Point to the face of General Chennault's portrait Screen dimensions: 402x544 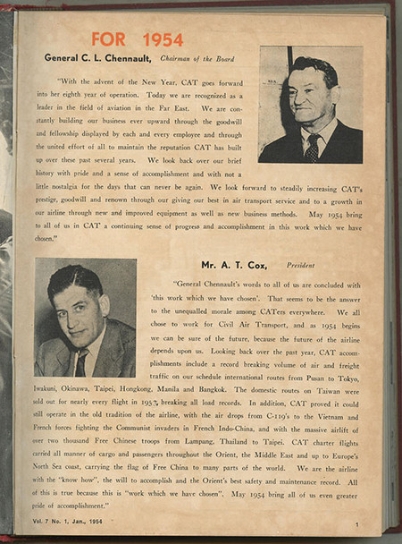(x=311, y=99)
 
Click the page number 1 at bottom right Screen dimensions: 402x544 (x=356, y=524)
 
